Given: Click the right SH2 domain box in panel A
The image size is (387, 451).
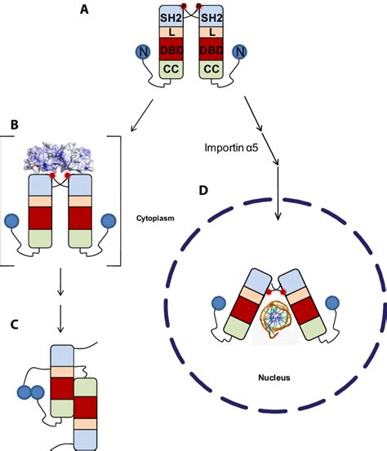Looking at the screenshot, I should [211, 17].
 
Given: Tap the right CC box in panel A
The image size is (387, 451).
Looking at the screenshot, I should [211, 69].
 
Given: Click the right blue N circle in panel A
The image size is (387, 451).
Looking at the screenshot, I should [240, 52].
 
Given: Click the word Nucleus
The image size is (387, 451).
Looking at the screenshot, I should [278, 379].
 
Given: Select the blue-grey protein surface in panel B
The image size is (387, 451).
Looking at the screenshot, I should [67, 155].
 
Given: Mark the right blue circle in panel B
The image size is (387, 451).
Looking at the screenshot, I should [109, 221].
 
